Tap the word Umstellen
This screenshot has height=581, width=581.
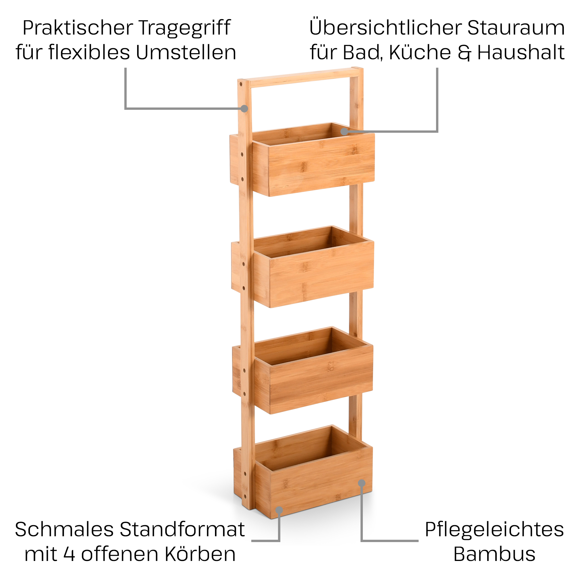pos(186,53)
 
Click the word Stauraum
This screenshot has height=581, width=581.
pos(516,28)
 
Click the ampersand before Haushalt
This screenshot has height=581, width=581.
pos(464,53)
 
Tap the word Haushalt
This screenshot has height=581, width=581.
pos(521,53)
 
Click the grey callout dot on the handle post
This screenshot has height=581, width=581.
pos(245,109)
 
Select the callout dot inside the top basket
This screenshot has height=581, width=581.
pos(344,132)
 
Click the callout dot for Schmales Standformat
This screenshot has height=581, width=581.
pos(279,510)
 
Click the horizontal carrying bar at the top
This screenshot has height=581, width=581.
pos(301,78)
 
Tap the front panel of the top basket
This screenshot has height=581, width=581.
pos(321,165)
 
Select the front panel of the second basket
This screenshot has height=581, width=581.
pos(321,274)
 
